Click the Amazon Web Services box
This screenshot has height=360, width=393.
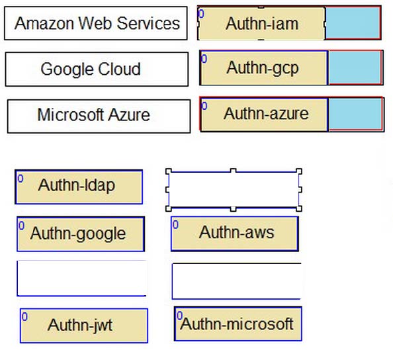[96, 23]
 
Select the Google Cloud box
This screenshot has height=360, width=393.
[97, 69]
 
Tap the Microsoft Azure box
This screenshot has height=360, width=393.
[99, 116]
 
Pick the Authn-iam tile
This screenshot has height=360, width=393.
[261, 23]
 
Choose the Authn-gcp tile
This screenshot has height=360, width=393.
[264, 67]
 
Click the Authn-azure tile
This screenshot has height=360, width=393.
[264, 114]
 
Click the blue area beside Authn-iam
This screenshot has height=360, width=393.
[353, 23]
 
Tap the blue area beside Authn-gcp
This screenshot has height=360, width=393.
[355, 67]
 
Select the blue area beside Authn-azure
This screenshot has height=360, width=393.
[356, 114]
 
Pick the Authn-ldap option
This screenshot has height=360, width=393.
[79, 187]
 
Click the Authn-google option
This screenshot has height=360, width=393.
[81, 234]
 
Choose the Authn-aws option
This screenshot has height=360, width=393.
[235, 234]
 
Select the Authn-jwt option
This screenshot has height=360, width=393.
[84, 326]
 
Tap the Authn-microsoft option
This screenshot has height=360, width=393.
[238, 324]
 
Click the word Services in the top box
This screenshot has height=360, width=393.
[148, 23]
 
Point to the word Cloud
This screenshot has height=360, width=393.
[119, 69]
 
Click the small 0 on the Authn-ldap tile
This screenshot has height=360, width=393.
[21, 179]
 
